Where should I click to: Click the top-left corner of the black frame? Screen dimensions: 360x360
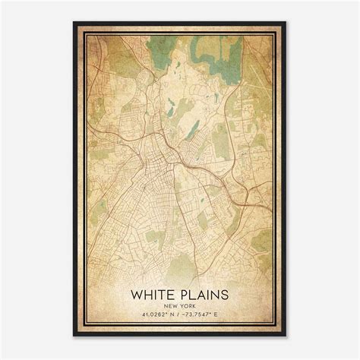pyautogui.click(x=74, y=23)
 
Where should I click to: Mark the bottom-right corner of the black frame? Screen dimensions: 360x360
pyautogui.click(x=286, y=336)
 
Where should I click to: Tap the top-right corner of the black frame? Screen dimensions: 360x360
pyautogui.click(x=286, y=23)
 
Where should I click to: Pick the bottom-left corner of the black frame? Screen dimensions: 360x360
pyautogui.click(x=74, y=336)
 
